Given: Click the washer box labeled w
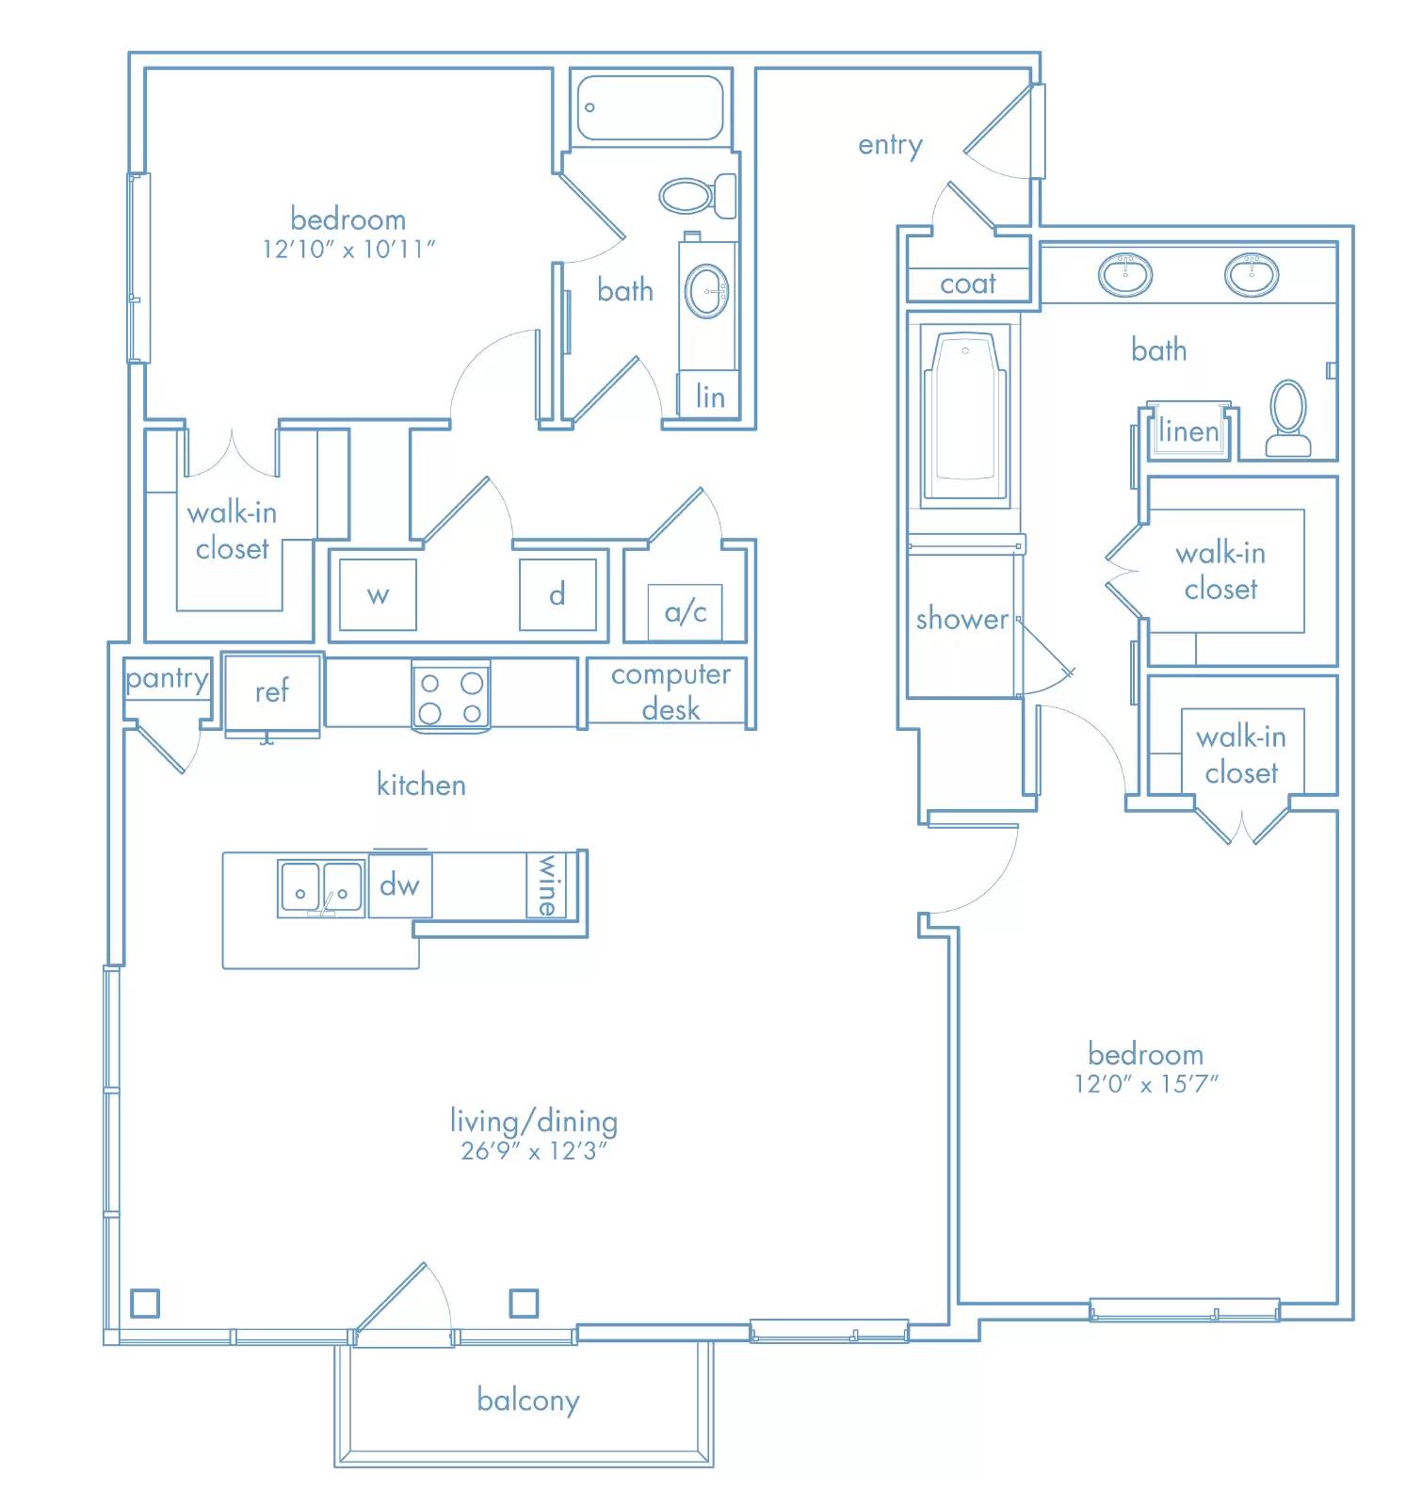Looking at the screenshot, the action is pyautogui.click(x=378, y=594).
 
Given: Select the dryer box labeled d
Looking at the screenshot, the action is pyautogui.click(x=557, y=594).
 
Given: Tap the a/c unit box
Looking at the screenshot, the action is pyautogui.click(x=686, y=612).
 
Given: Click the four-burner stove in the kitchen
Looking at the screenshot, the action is pyautogui.click(x=451, y=696).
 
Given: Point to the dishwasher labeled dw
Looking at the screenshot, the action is pyautogui.click(x=400, y=884).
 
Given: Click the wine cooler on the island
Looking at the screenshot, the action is pyautogui.click(x=546, y=884).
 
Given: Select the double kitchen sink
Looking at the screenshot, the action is pyautogui.click(x=320, y=888).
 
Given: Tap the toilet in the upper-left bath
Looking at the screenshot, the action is pyautogui.click(x=698, y=196).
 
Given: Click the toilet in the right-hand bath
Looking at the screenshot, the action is pyautogui.click(x=1288, y=418).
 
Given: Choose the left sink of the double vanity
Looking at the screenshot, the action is pyautogui.click(x=1124, y=274).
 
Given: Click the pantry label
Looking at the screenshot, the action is pyautogui.click(x=167, y=679).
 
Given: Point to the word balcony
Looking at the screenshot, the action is pyautogui.click(x=528, y=1401).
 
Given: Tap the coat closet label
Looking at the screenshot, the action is pyautogui.click(x=968, y=284).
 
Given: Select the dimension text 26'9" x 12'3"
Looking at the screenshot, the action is pyautogui.click(x=534, y=1151).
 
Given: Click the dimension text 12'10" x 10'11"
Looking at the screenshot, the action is pyautogui.click(x=348, y=249).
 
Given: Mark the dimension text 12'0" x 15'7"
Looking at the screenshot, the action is pyautogui.click(x=1146, y=1083).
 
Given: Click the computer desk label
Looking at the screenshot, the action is pyautogui.click(x=671, y=691).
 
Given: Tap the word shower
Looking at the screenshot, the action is pyautogui.click(x=962, y=619).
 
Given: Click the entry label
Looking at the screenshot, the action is pyautogui.click(x=890, y=146).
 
